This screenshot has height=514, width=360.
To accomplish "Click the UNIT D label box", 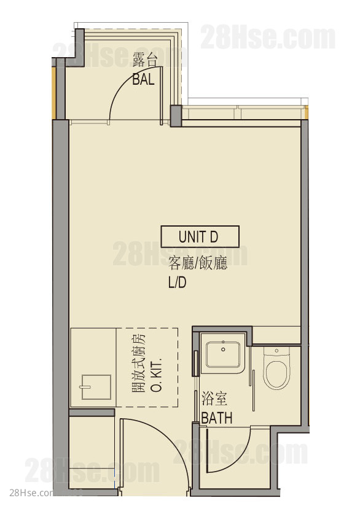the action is click(x=200, y=236).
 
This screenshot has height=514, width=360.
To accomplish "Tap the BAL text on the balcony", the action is click(x=143, y=79).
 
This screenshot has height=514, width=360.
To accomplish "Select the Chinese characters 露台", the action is click(x=145, y=60).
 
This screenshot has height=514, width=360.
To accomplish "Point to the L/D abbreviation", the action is click(x=177, y=282).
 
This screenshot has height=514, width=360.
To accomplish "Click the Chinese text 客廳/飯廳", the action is click(x=198, y=263).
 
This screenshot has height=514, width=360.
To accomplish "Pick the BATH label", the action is click(x=217, y=418).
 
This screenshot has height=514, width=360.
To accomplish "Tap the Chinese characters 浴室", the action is click(x=214, y=399).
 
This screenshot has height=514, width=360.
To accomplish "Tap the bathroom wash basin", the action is click(x=223, y=354).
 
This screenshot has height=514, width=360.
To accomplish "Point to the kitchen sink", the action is click(x=96, y=387).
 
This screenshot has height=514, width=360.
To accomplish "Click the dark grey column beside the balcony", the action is click(x=176, y=115).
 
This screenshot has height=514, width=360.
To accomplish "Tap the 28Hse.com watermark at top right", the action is click(x=267, y=37).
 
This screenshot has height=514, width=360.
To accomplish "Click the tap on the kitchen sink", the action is click(x=85, y=387).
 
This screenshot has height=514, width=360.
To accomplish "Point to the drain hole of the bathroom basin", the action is click(x=223, y=349).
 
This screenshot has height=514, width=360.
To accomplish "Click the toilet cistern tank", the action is click(x=276, y=351).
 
